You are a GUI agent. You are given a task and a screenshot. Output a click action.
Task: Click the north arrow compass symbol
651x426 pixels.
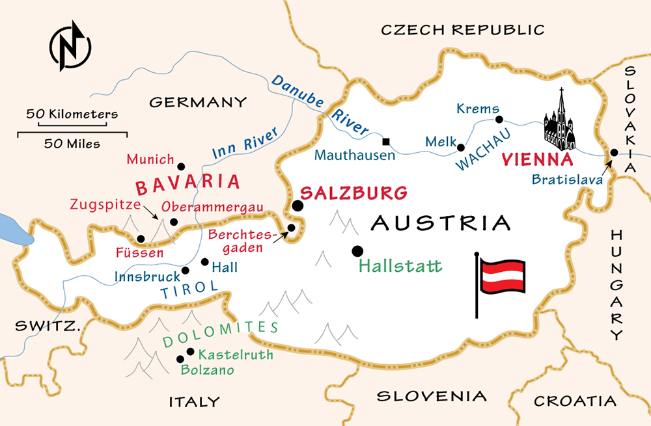coord(70,46)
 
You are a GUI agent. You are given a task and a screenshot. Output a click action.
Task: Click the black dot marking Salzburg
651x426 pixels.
coord(298,206)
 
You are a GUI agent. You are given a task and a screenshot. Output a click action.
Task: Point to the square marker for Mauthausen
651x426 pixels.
coord(386,141)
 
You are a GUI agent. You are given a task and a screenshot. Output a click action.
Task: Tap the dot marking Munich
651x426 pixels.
coord(181,166)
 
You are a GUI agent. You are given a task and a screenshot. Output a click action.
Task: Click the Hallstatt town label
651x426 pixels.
coord(400,266)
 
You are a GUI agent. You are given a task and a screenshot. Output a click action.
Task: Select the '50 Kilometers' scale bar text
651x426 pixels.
coord(72,114)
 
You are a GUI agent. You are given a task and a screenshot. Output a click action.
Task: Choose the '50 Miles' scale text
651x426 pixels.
coord(72,144)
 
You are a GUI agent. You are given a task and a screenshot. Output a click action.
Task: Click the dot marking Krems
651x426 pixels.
coord(499,120)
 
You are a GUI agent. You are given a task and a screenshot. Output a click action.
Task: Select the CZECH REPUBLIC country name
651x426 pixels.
coord(462,30)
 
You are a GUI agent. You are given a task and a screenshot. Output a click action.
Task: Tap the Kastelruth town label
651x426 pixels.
coord(236,355)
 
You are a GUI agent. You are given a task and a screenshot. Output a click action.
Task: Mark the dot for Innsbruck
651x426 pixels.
coord(186,270)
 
